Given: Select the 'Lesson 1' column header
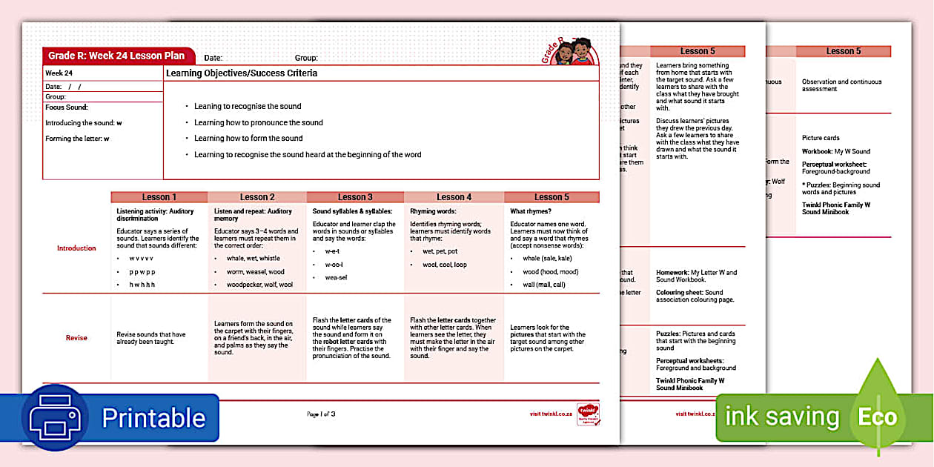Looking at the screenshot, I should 159,197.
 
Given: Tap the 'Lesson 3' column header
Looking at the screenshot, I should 355,197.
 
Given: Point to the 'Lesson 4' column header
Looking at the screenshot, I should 454,197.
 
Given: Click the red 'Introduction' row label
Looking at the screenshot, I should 76,248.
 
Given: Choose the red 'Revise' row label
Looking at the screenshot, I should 76,338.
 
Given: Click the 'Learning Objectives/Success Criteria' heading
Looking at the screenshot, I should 242,73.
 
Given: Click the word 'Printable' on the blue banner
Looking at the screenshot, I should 153,418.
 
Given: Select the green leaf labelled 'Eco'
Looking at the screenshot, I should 878,417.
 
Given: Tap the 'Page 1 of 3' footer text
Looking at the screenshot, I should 321,414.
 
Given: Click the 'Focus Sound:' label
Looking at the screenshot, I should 67,107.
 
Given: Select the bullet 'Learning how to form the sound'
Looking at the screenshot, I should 248,139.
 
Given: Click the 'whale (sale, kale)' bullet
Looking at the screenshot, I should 547,259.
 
